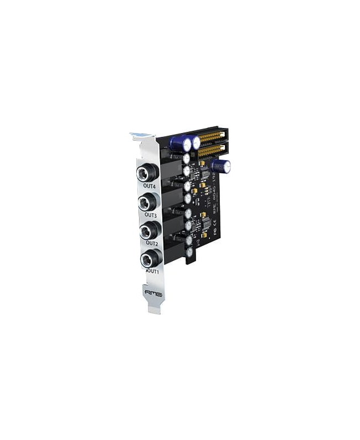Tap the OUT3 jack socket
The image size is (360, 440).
(148, 202)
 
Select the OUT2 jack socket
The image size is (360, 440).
(150, 230)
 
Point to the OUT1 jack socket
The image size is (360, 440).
(151, 258)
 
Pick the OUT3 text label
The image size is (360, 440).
(151, 214)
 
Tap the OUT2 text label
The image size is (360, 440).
(152, 243)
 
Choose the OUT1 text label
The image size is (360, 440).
(153, 271)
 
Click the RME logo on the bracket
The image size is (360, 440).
(153, 293)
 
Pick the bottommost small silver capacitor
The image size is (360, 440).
(190, 252)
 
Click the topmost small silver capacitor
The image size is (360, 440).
(187, 158)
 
